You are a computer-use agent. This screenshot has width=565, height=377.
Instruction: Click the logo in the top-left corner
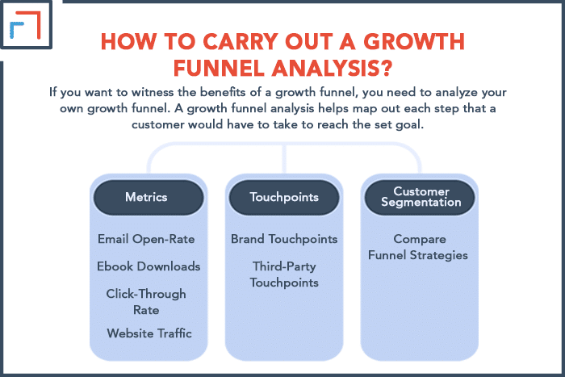[26, 24]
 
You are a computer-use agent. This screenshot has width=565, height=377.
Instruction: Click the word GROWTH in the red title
[414, 41]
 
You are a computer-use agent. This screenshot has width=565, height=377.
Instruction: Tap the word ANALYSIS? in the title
[332, 68]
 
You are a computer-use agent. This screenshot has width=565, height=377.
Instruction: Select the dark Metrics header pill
[149, 198]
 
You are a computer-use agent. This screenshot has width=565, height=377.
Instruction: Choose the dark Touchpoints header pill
[284, 198]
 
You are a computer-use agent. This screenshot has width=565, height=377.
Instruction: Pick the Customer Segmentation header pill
[420, 198]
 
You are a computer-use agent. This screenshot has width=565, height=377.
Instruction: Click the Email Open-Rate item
[146, 239]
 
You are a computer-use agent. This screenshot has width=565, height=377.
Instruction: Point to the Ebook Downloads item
[149, 266]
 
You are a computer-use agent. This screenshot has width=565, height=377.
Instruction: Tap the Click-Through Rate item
[146, 302]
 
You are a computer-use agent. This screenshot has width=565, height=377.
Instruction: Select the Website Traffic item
[149, 333]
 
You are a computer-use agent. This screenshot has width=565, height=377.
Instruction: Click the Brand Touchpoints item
[284, 239]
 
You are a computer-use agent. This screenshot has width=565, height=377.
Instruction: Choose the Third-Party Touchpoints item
[284, 274]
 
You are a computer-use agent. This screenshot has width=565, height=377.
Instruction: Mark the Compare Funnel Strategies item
[418, 247]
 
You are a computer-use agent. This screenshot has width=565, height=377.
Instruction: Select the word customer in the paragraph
[157, 124]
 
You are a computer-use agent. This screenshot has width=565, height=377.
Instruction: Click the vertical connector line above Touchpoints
[284, 158]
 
